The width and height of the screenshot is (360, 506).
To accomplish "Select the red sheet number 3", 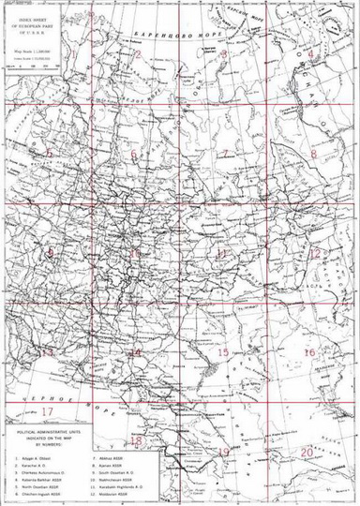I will [224, 55].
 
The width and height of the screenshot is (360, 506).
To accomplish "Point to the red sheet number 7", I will [224, 153].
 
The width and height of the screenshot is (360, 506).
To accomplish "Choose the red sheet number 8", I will [315, 153].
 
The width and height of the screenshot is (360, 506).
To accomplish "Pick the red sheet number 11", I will [222, 253].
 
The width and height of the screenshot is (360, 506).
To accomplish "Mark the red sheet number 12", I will [316, 253].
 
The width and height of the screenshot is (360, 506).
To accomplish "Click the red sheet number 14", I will [135, 352].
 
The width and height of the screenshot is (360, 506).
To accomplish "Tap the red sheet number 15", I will [223, 352].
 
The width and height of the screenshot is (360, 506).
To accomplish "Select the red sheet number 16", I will [309, 352].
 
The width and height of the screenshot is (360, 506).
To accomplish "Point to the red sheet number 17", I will [47, 410].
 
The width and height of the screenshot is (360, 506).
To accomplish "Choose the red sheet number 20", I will [308, 451].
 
